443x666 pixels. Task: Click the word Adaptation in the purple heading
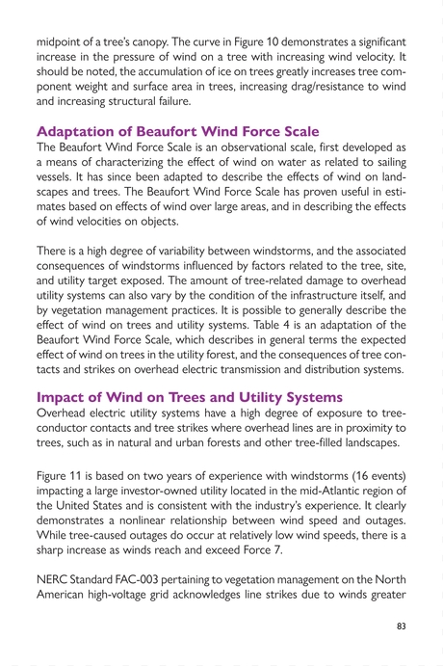click(x=76, y=131)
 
